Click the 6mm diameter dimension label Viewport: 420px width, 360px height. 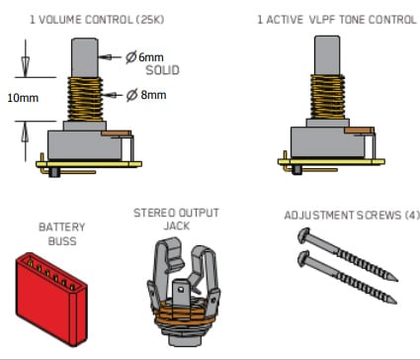click(144, 57)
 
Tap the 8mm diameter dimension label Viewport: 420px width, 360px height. click(146, 95)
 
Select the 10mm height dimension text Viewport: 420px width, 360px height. click(23, 98)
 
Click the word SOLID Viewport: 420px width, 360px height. click(162, 70)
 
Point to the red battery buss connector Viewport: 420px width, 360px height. click(51, 300)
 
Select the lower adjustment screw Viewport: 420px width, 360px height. click(347, 277)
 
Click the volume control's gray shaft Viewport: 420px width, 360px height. click(85, 57)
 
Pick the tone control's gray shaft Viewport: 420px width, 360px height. click(327, 55)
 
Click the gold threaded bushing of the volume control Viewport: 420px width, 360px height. click(85, 99)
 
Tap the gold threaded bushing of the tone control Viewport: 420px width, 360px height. click(327, 97)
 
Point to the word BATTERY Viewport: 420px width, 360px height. click(62, 227)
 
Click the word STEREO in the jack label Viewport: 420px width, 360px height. click(154, 213)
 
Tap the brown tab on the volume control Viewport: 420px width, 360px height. click(117, 134)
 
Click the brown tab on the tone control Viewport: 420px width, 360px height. click(359, 131)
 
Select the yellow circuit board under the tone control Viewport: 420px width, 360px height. click(331, 162)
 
